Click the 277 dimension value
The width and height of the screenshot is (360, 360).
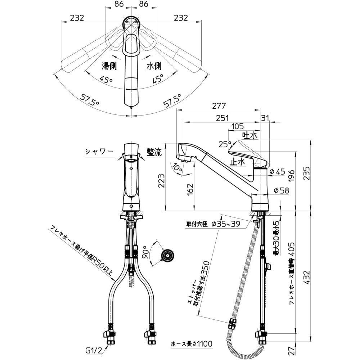pos(219,106)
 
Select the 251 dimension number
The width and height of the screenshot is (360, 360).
pos(223,118)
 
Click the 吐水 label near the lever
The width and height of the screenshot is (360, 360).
pos(249,135)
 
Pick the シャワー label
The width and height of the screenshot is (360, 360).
pos(99,152)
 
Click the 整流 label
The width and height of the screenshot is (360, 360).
pos(154,152)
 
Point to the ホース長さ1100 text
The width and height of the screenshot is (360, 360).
pos(192,344)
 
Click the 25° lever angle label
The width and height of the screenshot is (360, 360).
pos(225,144)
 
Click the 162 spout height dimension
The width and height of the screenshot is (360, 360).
pos(191,190)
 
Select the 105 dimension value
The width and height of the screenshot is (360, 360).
pos(238,126)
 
